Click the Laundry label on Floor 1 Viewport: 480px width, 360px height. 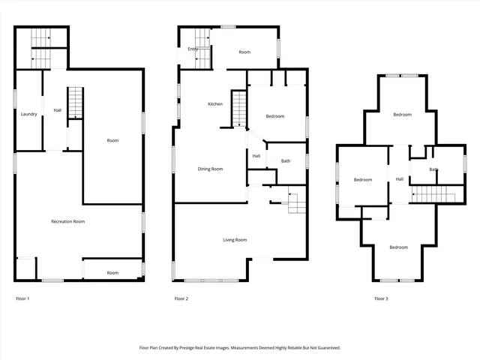(x=29, y=114)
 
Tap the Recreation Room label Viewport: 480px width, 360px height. (x=67, y=221)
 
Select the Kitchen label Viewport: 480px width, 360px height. (x=215, y=103)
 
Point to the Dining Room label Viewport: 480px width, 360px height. (x=210, y=169)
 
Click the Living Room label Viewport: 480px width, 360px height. (x=235, y=240)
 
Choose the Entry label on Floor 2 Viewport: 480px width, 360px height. (x=193, y=49)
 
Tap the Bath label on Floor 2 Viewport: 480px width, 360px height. (x=286, y=161)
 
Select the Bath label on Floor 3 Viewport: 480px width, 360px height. (x=434, y=169)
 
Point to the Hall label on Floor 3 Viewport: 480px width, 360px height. (x=400, y=179)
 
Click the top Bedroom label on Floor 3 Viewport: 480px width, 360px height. (x=402, y=115)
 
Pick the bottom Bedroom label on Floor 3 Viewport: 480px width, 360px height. (x=398, y=247)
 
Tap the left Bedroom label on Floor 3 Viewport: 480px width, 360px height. (x=363, y=180)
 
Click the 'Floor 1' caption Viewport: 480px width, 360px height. (x=22, y=298)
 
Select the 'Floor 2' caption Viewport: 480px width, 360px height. (x=181, y=298)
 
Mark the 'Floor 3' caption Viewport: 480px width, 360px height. (x=381, y=298)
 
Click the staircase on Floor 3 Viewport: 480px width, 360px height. (x=433, y=194)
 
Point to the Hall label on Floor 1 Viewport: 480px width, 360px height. (x=57, y=111)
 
